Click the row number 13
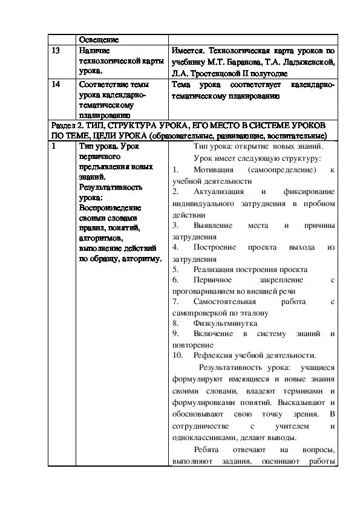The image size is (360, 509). pos(56,51)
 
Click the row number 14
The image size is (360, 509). pos(56,85)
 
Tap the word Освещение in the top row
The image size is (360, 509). pos(99,39)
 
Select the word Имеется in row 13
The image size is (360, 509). pos(186,51)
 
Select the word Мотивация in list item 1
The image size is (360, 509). pos(218,170)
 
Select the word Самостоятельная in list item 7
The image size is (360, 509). pos(225,301)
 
